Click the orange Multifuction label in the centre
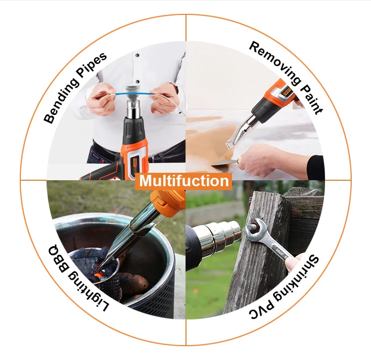184,181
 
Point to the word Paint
312,100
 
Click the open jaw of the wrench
252,229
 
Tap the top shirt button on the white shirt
137,55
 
